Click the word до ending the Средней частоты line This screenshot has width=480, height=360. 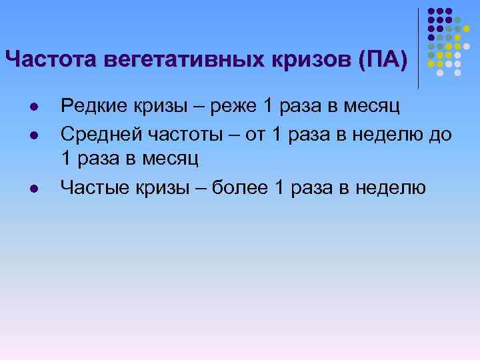441,135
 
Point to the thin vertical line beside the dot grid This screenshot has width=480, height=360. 418,47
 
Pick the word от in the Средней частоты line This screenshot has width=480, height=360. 257,135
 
